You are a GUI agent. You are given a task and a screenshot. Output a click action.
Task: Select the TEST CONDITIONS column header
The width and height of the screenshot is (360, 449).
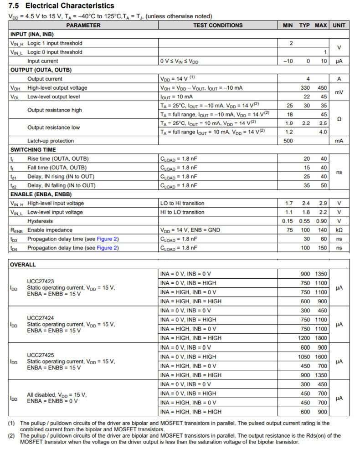tap(218, 26)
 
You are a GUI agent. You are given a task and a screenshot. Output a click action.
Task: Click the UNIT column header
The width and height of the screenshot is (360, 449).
tap(339, 26)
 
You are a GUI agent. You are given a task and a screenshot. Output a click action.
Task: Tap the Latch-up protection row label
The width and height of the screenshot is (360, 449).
tap(51, 141)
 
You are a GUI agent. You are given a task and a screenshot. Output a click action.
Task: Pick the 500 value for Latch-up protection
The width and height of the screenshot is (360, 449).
tap(288, 141)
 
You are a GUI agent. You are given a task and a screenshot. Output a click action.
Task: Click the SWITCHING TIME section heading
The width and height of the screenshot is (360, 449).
tap(33, 150)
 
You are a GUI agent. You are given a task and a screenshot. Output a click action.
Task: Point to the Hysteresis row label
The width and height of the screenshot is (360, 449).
tap(40, 221)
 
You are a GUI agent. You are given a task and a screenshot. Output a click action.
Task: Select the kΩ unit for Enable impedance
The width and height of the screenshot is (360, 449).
tap(339, 230)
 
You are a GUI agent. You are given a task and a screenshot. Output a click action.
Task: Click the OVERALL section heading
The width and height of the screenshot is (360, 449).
tap(23, 265)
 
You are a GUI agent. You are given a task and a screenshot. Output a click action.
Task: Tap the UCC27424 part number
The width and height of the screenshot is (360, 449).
tap(41, 318)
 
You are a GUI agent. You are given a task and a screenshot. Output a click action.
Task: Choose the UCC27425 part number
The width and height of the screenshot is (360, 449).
tap(41, 355)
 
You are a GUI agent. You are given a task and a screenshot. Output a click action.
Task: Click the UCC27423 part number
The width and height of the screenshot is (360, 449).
tap(41, 281)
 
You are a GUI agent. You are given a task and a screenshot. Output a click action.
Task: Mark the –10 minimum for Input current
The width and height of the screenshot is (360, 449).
tap(288, 61)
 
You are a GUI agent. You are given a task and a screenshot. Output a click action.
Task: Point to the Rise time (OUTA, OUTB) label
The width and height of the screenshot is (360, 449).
tap(58, 158)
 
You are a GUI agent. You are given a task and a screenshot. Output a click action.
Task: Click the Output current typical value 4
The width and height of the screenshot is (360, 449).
tap(308, 79)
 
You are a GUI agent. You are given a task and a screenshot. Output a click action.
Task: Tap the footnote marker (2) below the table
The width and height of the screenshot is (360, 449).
tap(11, 435)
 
